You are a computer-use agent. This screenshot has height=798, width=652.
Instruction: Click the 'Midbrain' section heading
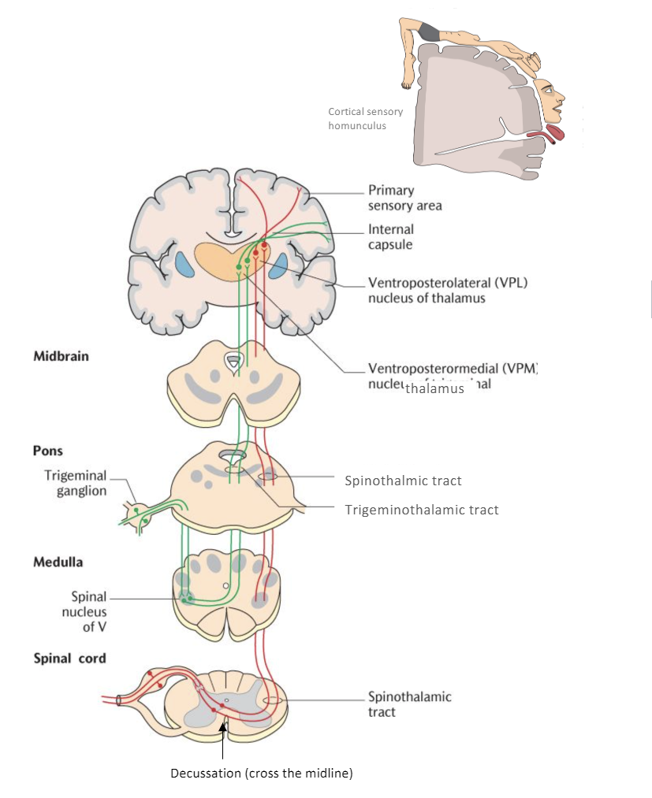pos(61,356)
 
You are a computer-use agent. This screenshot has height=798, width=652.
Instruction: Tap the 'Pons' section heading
pos(48,451)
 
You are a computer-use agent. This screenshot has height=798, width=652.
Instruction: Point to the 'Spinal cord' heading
pos(69,658)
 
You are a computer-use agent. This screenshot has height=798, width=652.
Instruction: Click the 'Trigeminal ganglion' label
pos(75,484)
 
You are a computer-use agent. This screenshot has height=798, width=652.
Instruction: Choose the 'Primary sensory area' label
pos(404,198)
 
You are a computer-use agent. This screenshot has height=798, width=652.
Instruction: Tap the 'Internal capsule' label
pos(390,237)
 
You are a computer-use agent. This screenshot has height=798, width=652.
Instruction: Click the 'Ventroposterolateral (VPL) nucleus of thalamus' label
pos(446,290)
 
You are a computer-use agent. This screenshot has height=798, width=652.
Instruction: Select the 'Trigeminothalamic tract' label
pos(422,510)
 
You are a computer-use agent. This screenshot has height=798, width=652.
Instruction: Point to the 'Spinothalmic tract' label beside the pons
pos(403,480)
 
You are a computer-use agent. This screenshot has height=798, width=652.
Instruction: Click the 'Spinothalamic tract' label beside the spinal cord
pos(409,704)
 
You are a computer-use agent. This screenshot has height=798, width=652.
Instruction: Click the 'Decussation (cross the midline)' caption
pos(262,773)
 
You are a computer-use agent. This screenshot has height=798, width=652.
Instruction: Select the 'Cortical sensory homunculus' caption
pos(365,118)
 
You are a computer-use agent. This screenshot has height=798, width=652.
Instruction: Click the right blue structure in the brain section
pos(278,265)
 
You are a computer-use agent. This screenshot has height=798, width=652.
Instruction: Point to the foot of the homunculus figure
pos(407,79)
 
